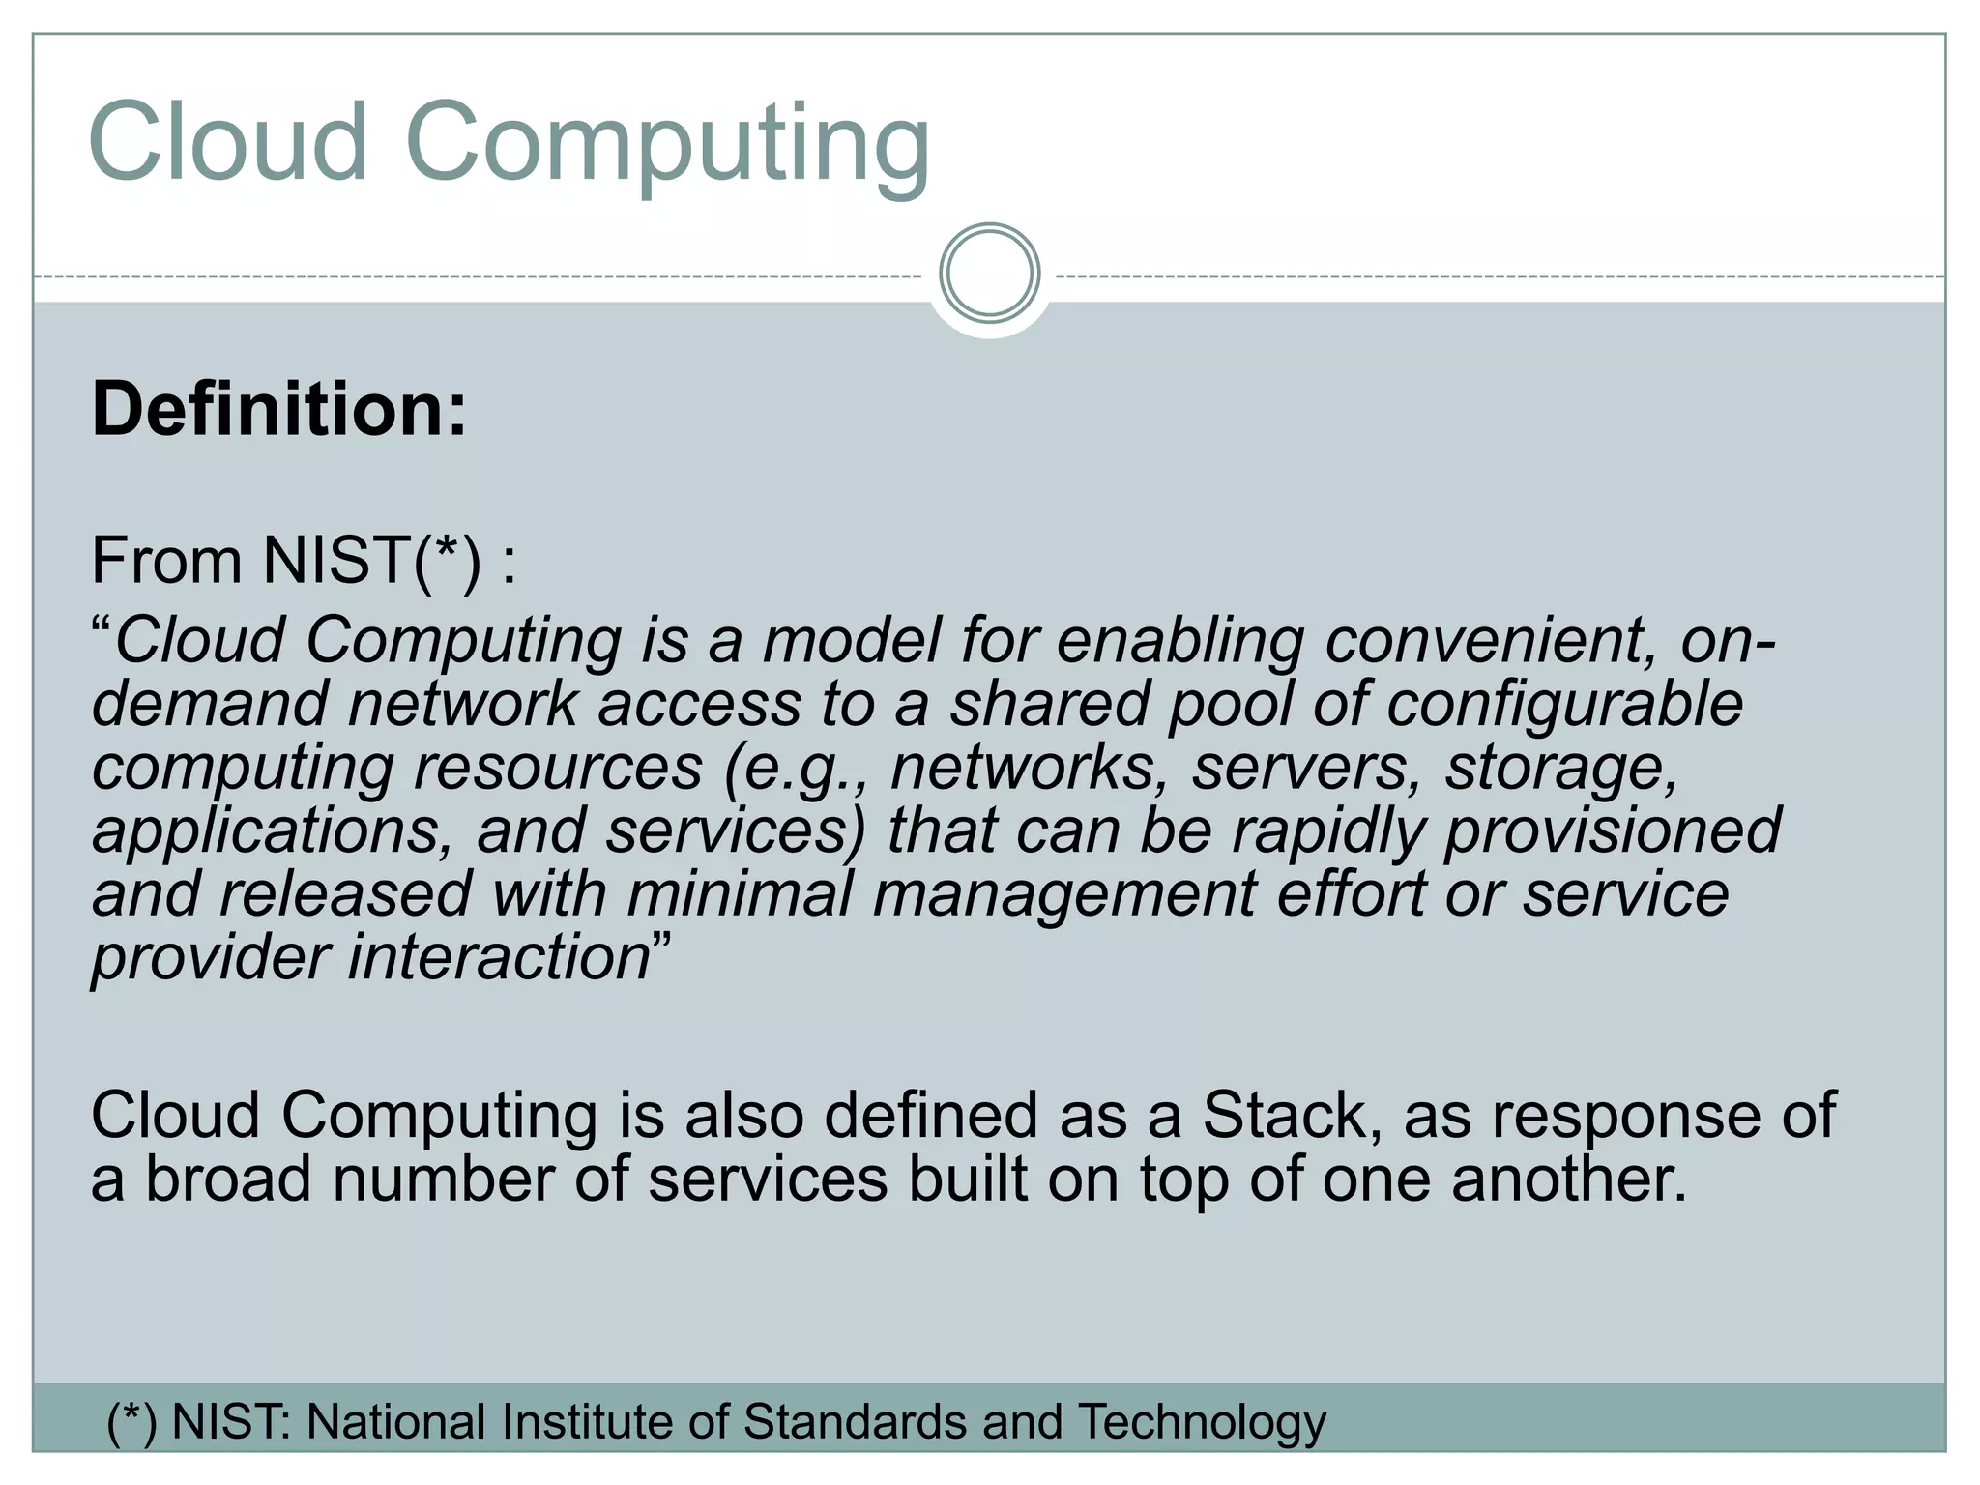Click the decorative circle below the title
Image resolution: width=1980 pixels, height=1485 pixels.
[x=989, y=274]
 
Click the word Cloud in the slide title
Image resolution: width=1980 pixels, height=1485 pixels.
[x=228, y=142]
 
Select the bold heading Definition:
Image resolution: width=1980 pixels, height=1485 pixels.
[x=279, y=410]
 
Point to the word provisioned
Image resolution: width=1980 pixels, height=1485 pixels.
[x=1612, y=830]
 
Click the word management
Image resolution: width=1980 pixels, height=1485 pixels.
[x=1064, y=895]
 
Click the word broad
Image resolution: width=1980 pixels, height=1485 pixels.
[x=228, y=1179]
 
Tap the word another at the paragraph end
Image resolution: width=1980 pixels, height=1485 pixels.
[x=1567, y=1179]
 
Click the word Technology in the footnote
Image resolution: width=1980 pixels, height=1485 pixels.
[x=1202, y=1423]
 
